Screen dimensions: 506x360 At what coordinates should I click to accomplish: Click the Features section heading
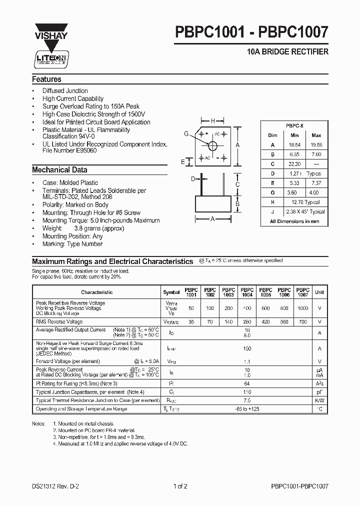[x=46, y=79]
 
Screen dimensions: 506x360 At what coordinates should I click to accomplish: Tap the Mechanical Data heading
[x=59, y=170]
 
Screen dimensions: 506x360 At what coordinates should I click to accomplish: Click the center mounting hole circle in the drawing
[x=213, y=146]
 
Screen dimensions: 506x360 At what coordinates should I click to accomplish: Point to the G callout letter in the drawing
[x=186, y=133]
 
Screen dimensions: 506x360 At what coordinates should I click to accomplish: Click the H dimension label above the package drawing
[x=213, y=121]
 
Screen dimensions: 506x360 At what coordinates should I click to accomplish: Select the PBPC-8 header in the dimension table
[x=295, y=126]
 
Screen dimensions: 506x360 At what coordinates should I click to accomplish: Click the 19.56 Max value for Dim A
[x=316, y=144]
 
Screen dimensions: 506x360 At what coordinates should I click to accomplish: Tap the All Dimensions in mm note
[x=295, y=221]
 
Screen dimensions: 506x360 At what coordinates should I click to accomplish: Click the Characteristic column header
[x=97, y=292]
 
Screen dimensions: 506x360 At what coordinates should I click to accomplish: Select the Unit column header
[x=319, y=292]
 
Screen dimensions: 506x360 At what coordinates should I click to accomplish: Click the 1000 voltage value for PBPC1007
[x=302, y=308]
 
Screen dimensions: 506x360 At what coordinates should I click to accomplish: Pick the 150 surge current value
[x=247, y=348]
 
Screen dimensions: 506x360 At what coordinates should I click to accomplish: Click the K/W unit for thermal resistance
[x=319, y=400]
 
